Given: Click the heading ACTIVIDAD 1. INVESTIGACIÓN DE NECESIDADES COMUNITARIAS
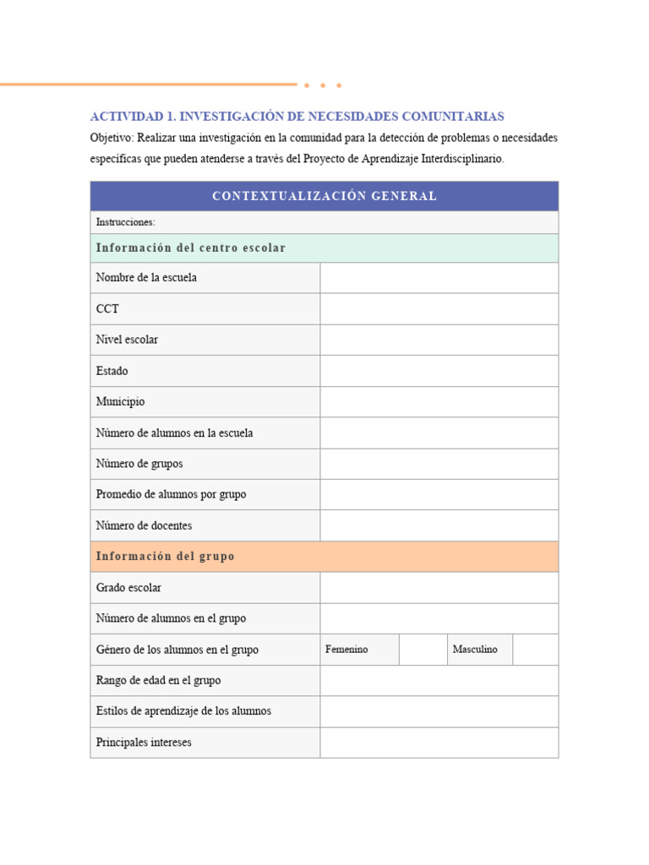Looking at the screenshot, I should [x=297, y=116].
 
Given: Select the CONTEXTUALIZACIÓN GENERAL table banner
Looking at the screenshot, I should [x=324, y=196].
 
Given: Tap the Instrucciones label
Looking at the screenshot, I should [x=126, y=222].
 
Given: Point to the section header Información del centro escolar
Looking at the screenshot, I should [x=191, y=248].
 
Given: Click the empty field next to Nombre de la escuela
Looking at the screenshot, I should [x=439, y=278].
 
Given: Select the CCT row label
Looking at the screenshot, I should [x=107, y=309].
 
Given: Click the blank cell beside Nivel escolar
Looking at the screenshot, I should [x=439, y=340].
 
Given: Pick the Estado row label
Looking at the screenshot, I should [x=112, y=371].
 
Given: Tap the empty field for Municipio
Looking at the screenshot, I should [x=439, y=402].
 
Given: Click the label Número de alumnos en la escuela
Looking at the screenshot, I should [x=174, y=432].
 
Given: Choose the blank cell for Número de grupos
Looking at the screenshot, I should [x=439, y=464].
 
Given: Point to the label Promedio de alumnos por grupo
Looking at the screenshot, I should [x=171, y=494].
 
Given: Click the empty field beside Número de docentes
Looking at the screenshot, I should [x=439, y=525].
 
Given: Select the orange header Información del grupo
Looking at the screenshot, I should [x=166, y=557].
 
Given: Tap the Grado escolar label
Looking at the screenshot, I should [x=128, y=587].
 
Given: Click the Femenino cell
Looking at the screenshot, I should [x=346, y=650].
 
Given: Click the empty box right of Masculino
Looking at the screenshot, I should [x=535, y=650].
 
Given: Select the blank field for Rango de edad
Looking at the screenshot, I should [x=439, y=680].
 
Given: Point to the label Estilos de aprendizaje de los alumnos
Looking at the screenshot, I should [x=183, y=711].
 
